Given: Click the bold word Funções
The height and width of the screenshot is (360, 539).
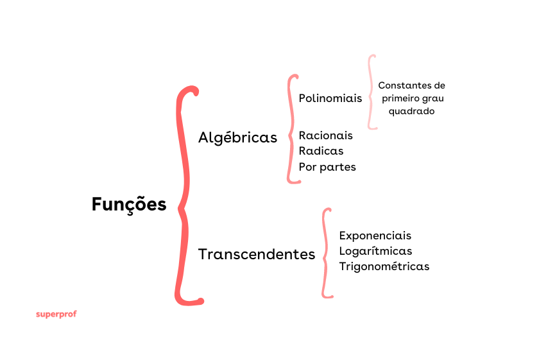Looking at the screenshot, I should click(129, 205).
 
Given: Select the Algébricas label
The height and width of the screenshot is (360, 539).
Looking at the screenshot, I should click(237, 137).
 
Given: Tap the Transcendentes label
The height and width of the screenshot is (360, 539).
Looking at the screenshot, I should click(257, 254).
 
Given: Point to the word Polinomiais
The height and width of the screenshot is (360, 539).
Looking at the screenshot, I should click(330, 98).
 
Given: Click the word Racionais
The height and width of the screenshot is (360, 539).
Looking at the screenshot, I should click(326, 135).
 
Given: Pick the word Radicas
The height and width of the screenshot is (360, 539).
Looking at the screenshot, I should click(321, 151).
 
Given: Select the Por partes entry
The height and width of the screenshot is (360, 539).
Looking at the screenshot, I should click(327, 167).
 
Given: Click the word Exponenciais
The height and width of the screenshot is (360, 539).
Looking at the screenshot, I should click(375, 236).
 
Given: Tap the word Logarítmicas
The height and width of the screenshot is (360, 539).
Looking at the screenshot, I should click(375, 251).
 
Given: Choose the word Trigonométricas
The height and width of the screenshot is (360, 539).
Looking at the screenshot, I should click(384, 266).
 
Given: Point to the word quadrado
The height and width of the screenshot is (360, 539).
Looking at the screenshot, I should click(411, 111).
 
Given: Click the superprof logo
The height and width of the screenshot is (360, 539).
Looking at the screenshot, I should click(56, 314).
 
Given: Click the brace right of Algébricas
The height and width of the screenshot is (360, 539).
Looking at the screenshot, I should click(292, 128).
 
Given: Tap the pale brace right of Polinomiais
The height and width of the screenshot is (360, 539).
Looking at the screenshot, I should click(371, 92).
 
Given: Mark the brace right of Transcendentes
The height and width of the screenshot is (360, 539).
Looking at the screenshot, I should click(326, 252).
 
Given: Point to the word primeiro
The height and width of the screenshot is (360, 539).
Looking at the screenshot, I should click(401, 98).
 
